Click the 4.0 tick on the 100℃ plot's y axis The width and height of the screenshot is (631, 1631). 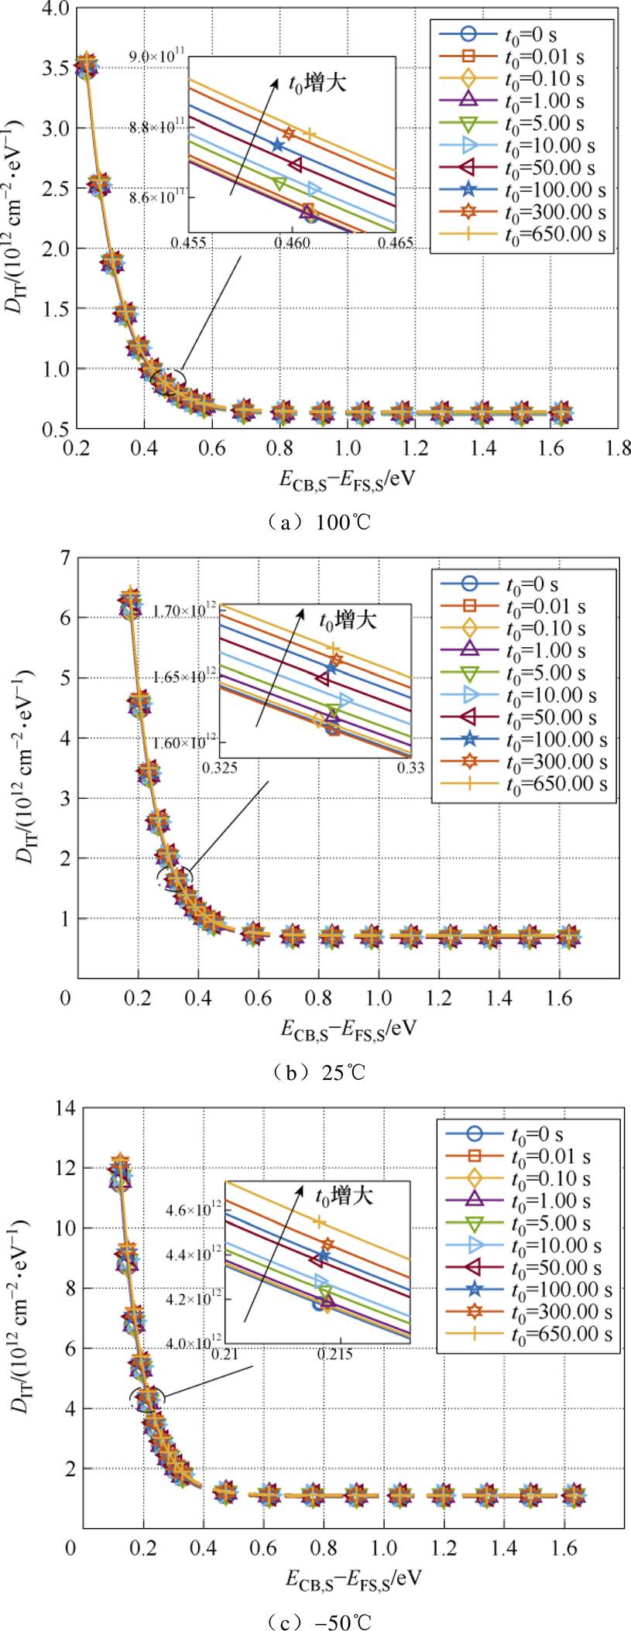(x=57, y=9)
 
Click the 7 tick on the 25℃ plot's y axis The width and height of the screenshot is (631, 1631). (x=64, y=558)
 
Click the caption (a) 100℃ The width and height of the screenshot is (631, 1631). (x=316, y=522)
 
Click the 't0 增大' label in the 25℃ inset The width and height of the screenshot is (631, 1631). (x=348, y=620)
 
